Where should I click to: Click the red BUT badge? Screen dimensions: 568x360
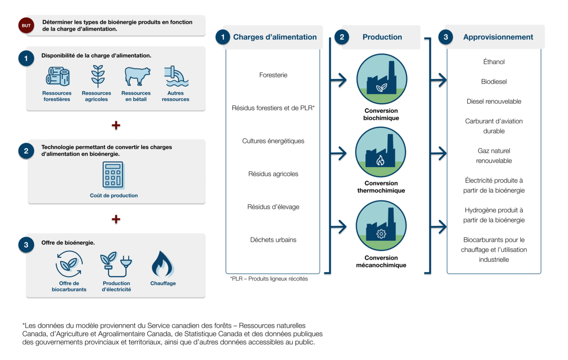click(x=26, y=26)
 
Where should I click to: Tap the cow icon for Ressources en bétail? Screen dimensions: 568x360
click(x=137, y=76)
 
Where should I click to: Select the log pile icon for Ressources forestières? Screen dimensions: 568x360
click(x=58, y=76)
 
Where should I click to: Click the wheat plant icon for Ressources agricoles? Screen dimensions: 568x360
click(x=98, y=76)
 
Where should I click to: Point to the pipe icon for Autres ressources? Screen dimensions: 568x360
click(x=176, y=76)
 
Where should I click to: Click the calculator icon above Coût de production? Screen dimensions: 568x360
click(x=113, y=176)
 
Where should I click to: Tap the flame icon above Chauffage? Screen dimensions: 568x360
click(x=162, y=264)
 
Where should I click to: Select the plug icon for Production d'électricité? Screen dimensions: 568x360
click(x=116, y=264)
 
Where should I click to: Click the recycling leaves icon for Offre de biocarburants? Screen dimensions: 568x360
click(x=69, y=264)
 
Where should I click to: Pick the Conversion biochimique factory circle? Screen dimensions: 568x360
click(x=382, y=79)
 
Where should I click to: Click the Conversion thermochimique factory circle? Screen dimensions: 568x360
click(x=381, y=152)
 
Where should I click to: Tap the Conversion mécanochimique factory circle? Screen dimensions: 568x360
click(x=381, y=226)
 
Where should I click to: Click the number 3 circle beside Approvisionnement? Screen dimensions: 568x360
click(x=445, y=37)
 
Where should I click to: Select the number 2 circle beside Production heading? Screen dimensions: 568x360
click(x=342, y=37)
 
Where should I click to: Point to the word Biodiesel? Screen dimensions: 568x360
click(x=494, y=81)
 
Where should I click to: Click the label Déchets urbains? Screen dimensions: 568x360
click(x=273, y=240)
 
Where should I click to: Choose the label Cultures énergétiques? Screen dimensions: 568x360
click(x=273, y=141)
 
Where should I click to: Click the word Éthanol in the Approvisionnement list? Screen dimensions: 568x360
click(x=494, y=62)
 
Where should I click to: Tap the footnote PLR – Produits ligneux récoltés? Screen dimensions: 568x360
click(x=269, y=279)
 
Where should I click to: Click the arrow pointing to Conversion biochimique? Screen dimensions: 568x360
click(x=338, y=80)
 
